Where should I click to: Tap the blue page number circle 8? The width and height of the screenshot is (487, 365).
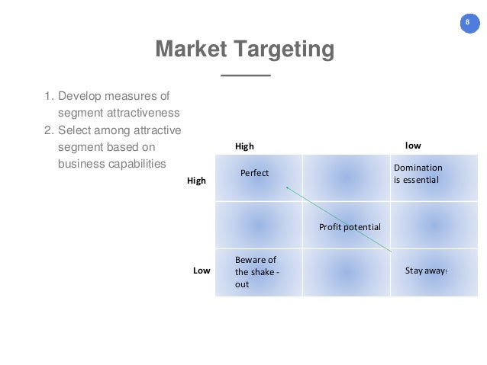467,22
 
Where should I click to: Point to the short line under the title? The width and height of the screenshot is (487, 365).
245,76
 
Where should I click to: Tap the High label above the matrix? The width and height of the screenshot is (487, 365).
244,146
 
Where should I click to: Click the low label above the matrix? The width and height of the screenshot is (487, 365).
412,145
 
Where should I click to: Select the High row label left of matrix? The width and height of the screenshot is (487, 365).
196,181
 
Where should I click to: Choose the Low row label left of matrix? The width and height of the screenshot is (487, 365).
201,271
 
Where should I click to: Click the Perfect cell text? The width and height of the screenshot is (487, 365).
254,173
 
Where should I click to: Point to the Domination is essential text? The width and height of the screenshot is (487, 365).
417,174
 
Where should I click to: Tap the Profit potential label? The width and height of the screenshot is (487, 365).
349,227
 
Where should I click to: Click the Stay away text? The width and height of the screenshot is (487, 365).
425,270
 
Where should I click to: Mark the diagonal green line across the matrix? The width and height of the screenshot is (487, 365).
339,219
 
